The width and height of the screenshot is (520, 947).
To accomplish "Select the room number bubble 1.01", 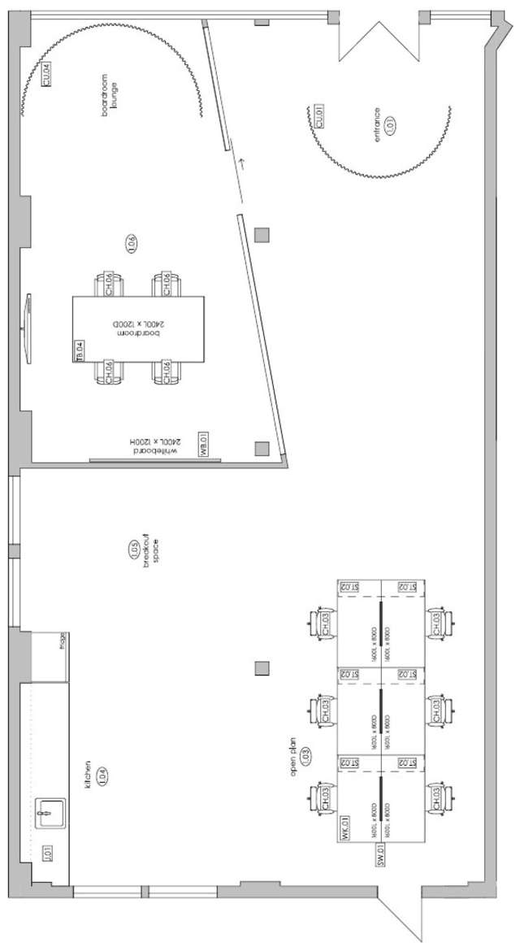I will pos(389,125).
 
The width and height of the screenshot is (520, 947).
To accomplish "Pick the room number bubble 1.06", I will pos(131,241).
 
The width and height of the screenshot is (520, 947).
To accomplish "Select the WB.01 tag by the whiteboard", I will pos(205,448).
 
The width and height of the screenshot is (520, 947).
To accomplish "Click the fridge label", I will pos(62,645).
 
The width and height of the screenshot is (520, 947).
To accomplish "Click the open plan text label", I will pos(294,757).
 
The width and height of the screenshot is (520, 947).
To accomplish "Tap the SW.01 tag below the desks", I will pos(379,855).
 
